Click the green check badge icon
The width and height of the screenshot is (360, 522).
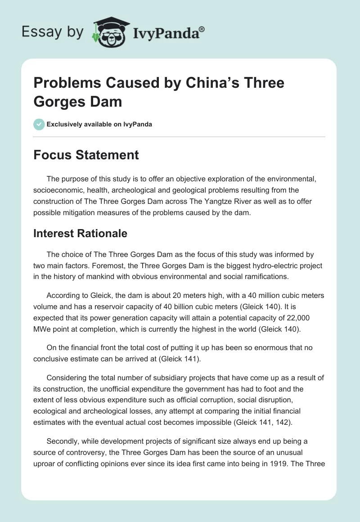[x=39, y=124]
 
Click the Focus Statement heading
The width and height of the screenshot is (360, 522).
[x=86, y=155]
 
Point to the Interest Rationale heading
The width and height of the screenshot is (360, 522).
[x=81, y=233]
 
